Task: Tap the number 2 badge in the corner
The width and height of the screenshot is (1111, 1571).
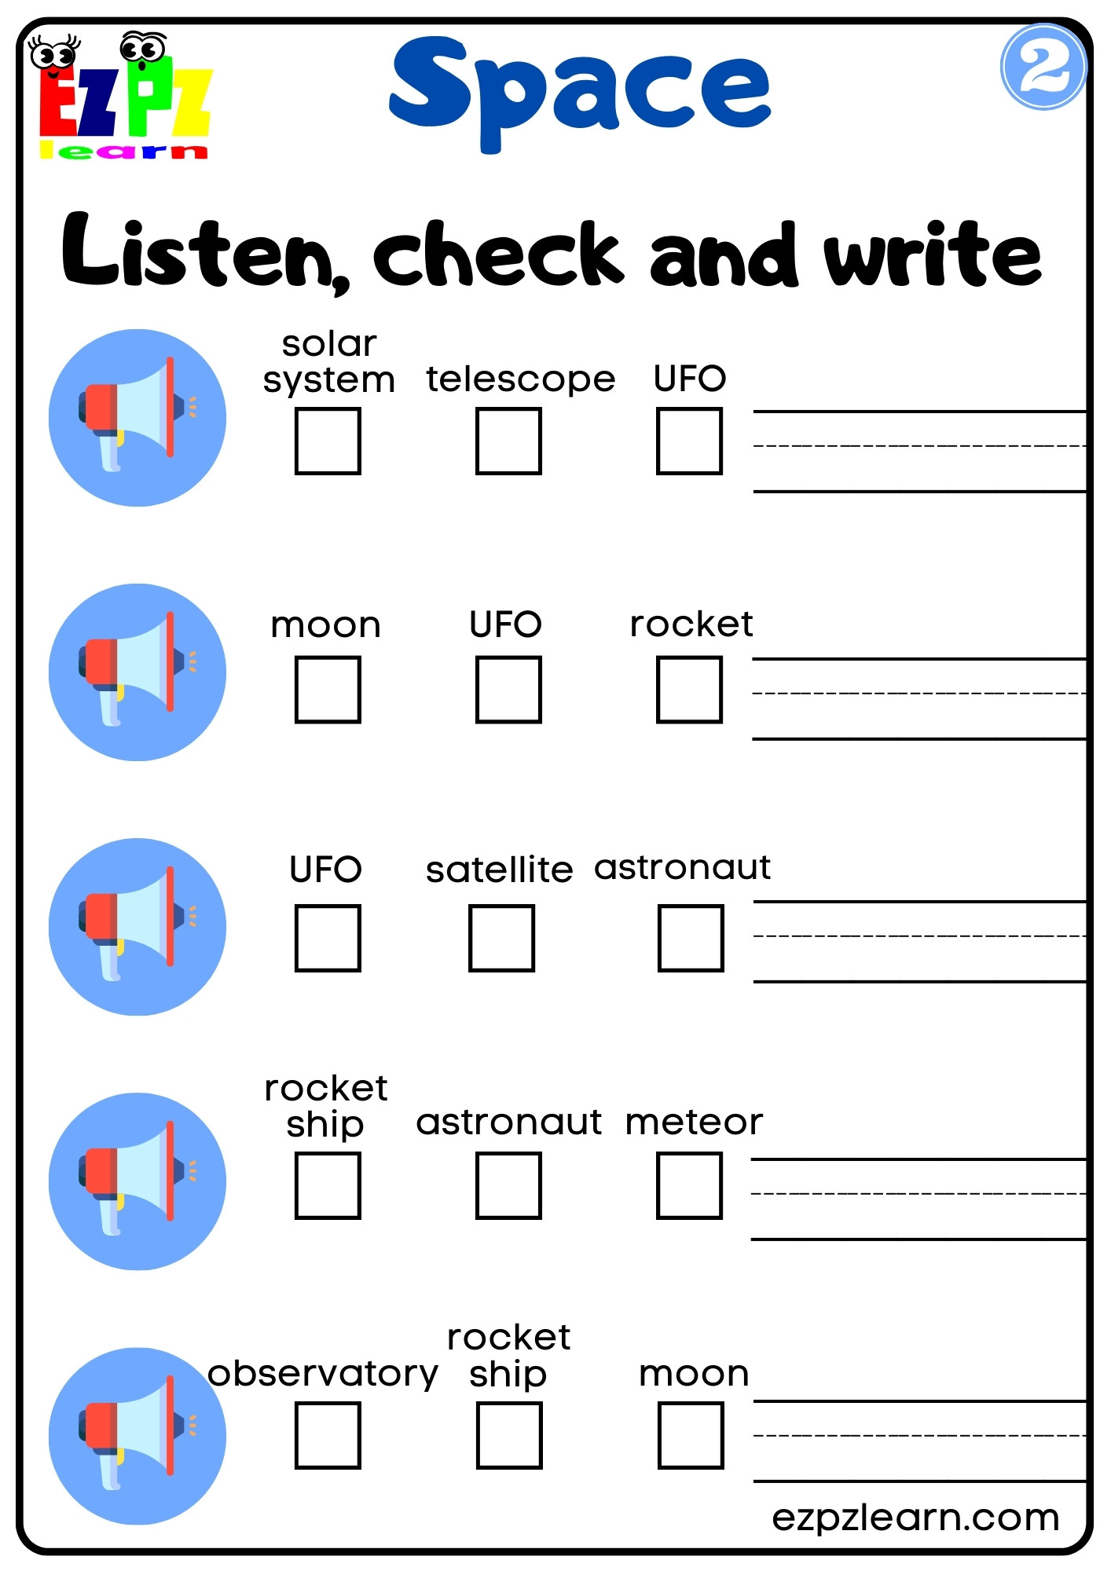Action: click(1043, 68)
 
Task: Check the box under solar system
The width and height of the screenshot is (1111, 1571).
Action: click(328, 441)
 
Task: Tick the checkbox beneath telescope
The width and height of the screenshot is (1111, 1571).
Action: click(508, 441)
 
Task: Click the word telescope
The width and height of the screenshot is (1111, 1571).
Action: click(520, 379)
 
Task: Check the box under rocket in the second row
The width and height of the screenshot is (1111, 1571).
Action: click(689, 690)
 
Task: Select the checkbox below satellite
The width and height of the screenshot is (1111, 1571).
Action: click(501, 938)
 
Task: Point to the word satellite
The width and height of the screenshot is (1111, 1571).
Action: click(499, 870)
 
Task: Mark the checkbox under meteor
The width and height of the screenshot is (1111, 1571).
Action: click(689, 1185)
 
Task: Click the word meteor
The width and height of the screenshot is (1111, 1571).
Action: click(694, 1122)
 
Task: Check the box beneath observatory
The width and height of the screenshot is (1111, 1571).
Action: click(328, 1435)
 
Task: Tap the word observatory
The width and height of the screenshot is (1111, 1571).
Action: click(323, 1374)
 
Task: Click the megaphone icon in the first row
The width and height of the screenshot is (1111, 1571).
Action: click(137, 417)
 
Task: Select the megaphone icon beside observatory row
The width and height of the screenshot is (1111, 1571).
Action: click(137, 1435)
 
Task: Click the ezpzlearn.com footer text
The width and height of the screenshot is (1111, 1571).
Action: click(915, 1517)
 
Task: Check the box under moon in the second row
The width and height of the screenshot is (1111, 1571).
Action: click(328, 690)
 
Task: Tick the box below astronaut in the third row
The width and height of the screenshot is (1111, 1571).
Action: click(691, 938)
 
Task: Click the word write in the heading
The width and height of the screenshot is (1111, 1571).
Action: click(933, 253)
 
